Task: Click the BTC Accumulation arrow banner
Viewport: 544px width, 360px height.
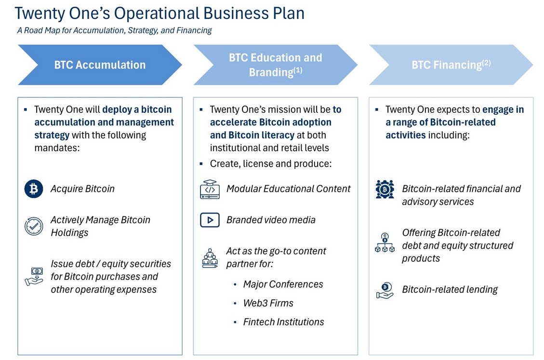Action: (100, 65)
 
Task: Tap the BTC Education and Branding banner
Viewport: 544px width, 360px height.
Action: (275, 65)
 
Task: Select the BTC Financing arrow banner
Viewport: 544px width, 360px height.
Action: (451, 65)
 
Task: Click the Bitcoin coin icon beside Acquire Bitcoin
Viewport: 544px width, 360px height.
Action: (34, 189)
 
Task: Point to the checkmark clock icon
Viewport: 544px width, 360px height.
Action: (34, 226)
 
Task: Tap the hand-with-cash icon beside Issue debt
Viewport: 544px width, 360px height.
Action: (34, 277)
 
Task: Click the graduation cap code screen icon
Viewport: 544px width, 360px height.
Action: (210, 189)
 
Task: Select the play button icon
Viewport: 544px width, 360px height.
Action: (210, 220)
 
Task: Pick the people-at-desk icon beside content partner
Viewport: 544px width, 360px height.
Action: (210, 258)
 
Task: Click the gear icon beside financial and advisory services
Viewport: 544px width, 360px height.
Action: (385, 189)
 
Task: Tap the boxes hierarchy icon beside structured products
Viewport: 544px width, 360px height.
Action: (385, 243)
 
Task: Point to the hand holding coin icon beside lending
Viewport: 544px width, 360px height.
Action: (385, 290)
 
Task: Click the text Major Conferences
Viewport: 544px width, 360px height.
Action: (283, 284)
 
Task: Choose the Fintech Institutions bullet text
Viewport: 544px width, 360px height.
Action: (283, 322)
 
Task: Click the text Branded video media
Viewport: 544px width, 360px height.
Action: (271, 220)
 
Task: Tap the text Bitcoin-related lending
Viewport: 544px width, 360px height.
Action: (450, 290)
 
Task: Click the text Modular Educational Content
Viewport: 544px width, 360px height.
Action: (288, 189)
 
